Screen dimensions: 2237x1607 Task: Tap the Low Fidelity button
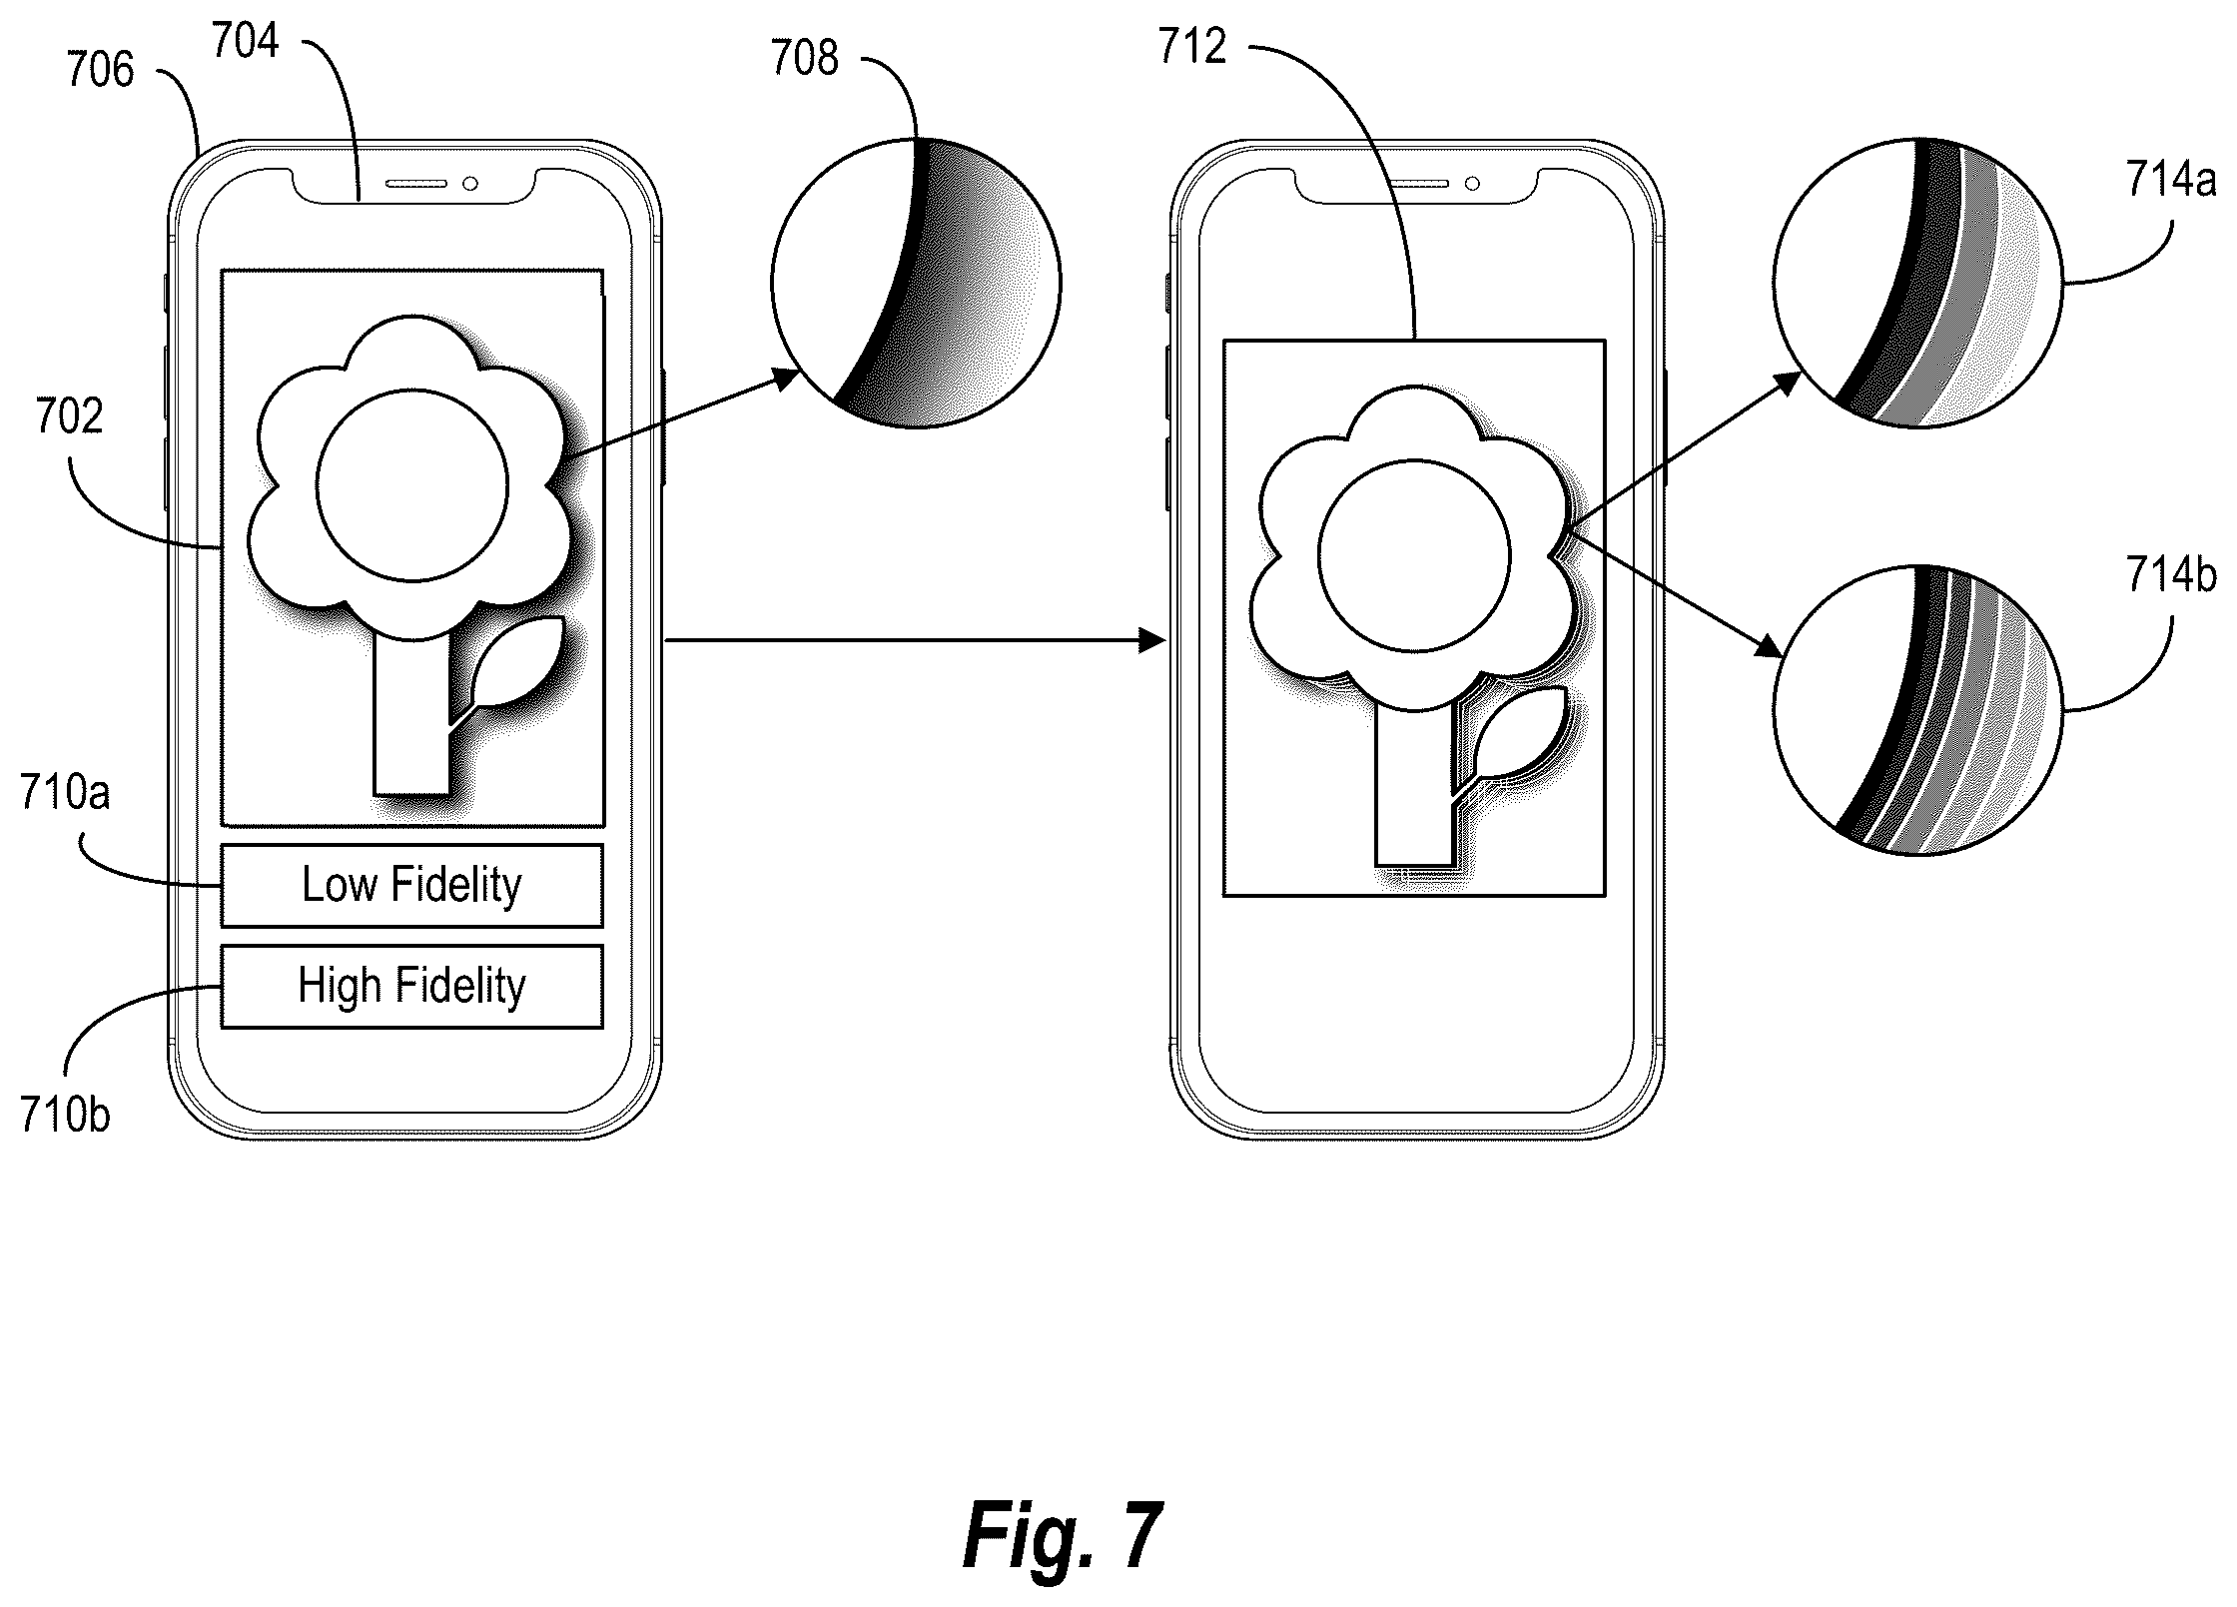click(x=411, y=886)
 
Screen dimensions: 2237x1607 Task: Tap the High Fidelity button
click(x=411, y=986)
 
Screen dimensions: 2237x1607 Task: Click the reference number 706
click(x=100, y=70)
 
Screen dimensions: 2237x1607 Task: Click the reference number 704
click(x=246, y=42)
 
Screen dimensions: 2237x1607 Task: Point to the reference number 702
click(x=69, y=416)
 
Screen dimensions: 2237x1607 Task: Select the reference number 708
click(x=804, y=58)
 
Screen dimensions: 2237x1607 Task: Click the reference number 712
click(x=1192, y=47)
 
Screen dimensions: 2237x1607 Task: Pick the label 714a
click(x=2171, y=181)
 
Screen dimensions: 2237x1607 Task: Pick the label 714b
click(x=2171, y=576)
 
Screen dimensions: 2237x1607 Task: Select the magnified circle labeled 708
click(x=916, y=284)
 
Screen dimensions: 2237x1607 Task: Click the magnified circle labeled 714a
click(x=1918, y=284)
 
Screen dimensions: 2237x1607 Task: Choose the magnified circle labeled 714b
click(x=1918, y=711)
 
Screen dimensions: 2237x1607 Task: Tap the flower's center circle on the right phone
click(x=1414, y=556)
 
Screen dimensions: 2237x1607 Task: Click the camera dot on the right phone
click(x=1472, y=184)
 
